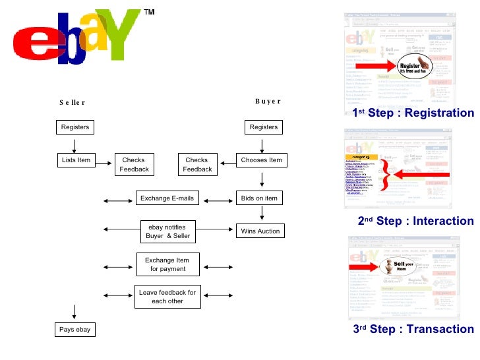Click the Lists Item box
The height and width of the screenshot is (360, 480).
(x=75, y=160)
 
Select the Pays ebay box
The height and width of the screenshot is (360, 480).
(x=75, y=329)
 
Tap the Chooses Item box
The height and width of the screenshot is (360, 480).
(x=261, y=160)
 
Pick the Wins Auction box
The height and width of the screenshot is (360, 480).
(x=261, y=231)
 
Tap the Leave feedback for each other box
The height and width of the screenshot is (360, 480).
(x=167, y=297)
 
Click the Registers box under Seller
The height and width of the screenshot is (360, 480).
(x=75, y=127)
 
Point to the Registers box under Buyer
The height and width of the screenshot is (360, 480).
(x=264, y=127)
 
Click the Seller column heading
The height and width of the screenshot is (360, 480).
(x=73, y=102)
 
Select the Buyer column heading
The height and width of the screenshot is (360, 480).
(x=268, y=101)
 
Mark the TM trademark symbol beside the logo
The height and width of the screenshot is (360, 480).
(x=149, y=13)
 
